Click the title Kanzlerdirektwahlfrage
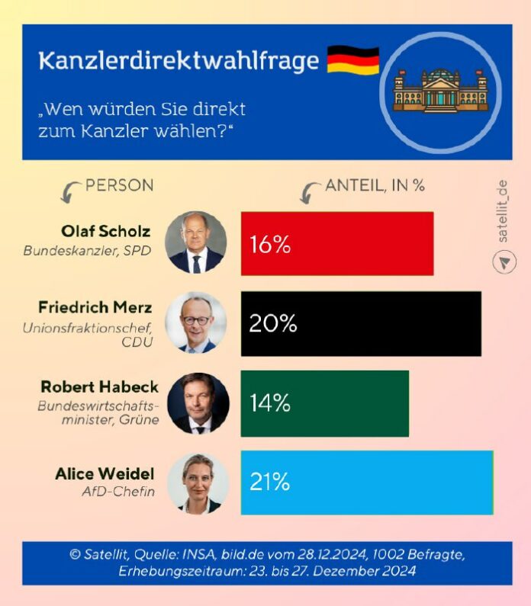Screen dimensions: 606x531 179,62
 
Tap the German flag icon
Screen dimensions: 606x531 353,60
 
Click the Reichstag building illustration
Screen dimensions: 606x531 440,92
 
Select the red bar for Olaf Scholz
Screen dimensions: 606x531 337,244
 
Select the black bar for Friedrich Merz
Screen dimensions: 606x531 361,324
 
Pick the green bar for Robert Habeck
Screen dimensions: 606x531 325,403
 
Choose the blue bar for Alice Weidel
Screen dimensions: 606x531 367,483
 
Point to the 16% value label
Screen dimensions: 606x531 269,245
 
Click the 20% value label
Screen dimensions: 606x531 272,324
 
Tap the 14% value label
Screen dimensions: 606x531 269,404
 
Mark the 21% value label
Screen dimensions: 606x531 269,483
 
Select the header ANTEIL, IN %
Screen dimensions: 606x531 375,186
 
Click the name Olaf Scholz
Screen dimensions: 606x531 106,231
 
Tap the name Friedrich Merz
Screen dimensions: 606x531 95,307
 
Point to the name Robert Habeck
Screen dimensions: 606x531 99,387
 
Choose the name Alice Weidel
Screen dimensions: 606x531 105,474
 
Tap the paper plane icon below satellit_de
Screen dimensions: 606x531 504,262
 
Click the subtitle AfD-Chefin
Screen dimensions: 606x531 118,492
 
